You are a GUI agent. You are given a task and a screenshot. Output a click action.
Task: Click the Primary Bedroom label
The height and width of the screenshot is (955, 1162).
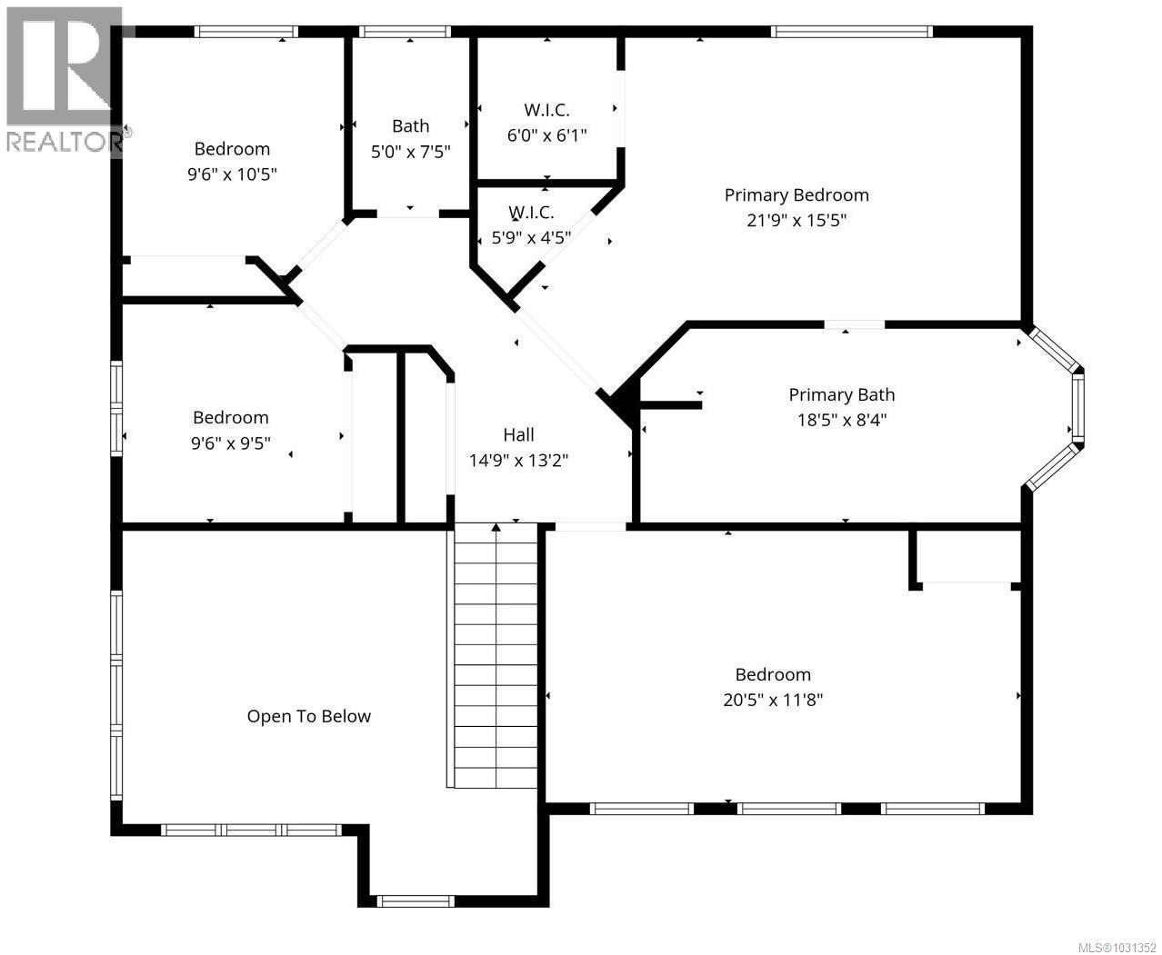point(796,194)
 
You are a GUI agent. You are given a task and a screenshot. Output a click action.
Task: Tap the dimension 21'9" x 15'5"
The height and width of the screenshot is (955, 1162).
point(796,220)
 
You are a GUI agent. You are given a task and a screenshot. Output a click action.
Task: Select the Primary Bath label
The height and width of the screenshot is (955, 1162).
point(841,394)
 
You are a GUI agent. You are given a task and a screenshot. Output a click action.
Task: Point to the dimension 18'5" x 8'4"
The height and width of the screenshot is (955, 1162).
point(841,420)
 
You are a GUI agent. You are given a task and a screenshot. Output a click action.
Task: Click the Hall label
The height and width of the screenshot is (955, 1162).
point(518,434)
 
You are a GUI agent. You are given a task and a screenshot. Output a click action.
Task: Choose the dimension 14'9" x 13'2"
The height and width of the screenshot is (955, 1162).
point(518,461)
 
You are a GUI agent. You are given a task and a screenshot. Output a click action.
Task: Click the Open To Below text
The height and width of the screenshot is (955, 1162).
point(308,716)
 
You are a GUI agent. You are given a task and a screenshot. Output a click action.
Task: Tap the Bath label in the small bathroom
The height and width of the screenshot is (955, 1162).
point(410,126)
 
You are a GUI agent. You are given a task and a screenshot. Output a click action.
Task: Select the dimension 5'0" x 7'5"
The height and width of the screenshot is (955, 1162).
point(410,152)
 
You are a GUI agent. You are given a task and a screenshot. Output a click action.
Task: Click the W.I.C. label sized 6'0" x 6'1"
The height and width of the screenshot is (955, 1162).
point(546,110)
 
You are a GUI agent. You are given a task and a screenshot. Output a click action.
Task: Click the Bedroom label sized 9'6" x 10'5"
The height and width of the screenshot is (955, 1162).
point(232,149)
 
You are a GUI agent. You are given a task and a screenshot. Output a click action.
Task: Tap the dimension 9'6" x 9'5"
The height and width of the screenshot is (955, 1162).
point(230,443)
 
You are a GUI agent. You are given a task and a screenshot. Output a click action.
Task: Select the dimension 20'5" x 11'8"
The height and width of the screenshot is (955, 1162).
point(773,700)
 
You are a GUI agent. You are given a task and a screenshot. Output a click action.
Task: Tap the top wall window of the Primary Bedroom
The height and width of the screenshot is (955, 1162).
point(851,32)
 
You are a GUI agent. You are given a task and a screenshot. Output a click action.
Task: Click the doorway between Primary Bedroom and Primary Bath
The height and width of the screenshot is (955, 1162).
point(854,324)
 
